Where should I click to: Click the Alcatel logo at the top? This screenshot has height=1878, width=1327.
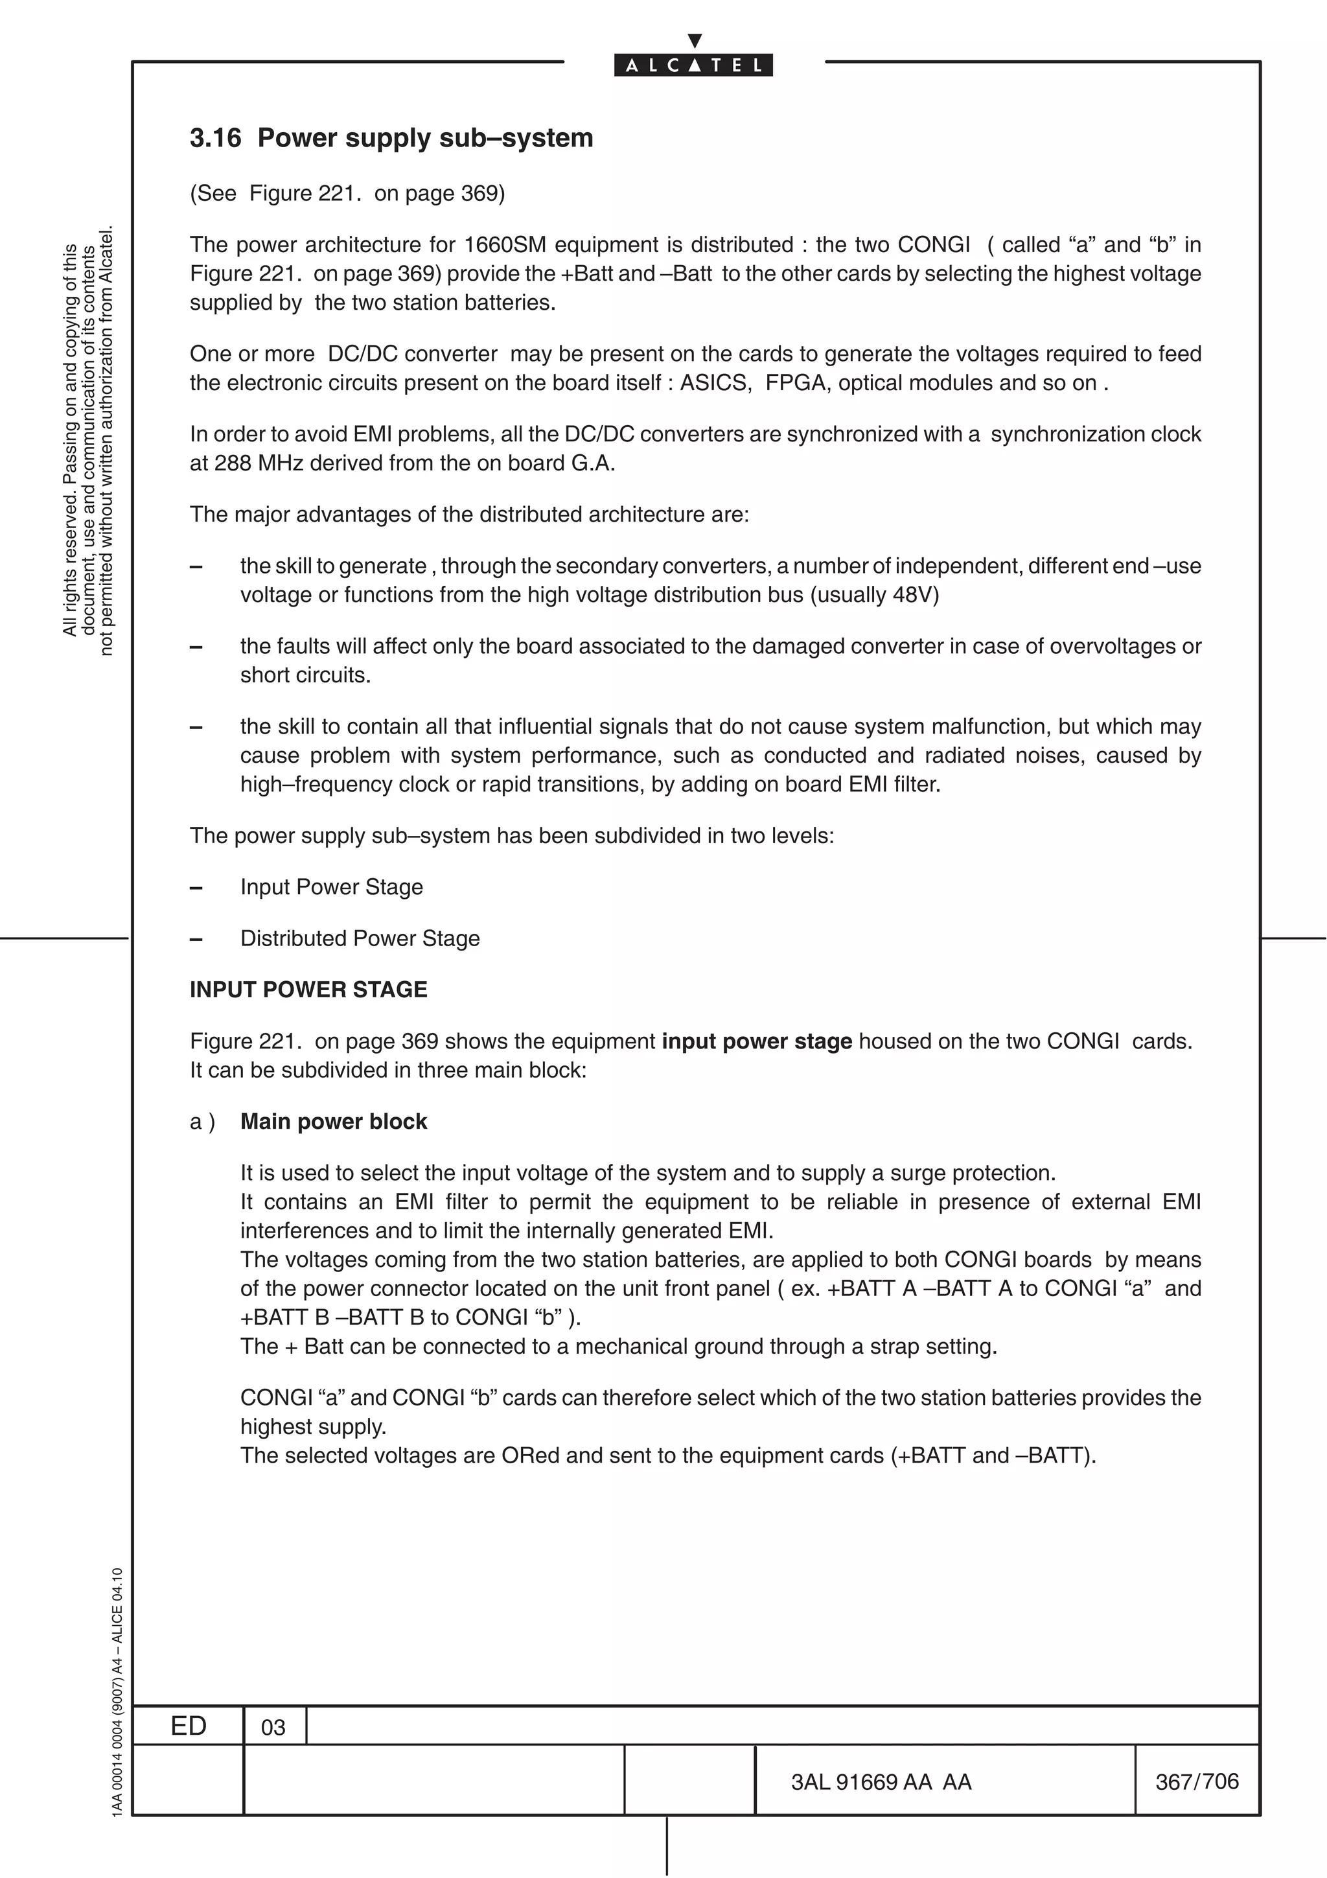[693, 64]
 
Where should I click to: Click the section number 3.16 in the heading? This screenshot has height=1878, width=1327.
[215, 137]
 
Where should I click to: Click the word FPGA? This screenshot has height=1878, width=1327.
[795, 383]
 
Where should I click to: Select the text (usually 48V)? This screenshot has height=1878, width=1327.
[874, 595]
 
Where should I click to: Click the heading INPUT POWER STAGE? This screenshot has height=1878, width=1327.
[308, 990]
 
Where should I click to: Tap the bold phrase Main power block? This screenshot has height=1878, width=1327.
[334, 1121]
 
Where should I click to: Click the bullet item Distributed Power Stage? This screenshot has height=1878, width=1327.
[360, 938]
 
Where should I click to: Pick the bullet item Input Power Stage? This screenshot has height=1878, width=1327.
[331, 887]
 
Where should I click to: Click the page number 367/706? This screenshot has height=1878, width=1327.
[1197, 1781]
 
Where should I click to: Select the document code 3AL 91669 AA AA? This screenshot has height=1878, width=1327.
[881, 1782]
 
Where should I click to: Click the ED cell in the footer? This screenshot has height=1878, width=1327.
[188, 1726]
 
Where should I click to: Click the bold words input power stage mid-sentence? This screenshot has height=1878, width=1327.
[756, 1041]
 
